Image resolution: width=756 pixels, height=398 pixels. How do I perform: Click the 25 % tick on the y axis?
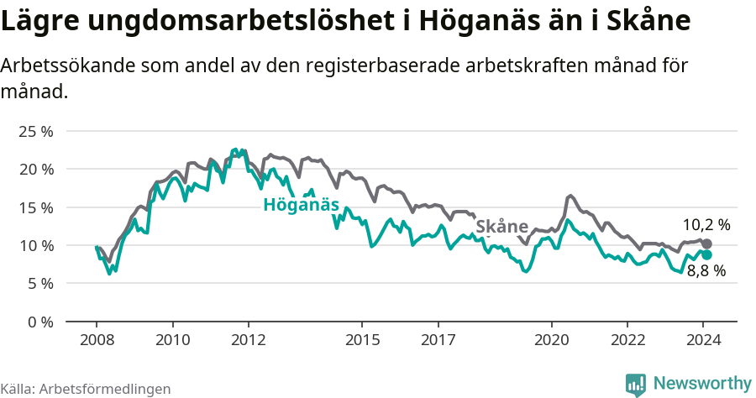point(36,131)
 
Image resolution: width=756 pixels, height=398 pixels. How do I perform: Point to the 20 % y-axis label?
point(36,169)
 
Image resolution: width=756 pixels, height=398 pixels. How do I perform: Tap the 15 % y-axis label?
point(36,207)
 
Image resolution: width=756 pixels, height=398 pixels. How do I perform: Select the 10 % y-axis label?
point(36,245)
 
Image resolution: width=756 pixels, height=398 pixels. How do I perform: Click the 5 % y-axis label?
point(39,283)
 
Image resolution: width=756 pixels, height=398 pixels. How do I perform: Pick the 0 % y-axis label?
point(39,322)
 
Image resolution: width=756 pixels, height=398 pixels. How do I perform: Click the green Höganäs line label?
point(301,205)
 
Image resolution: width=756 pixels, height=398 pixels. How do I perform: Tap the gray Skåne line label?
point(501,227)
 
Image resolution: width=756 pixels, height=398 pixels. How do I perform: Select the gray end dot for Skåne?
point(706,244)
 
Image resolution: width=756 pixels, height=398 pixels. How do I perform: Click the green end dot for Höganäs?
point(706,254)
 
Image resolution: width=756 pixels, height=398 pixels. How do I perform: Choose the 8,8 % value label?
point(706,271)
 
